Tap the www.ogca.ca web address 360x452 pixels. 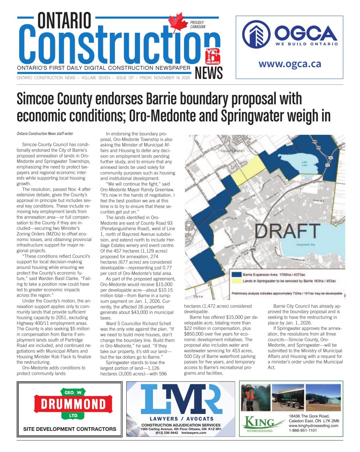coord(290,64)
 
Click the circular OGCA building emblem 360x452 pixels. coord(256,34)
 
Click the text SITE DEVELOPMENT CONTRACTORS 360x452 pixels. coord(70,429)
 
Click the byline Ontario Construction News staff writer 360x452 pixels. coord(45,133)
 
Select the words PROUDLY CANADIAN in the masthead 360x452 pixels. coord(198,25)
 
